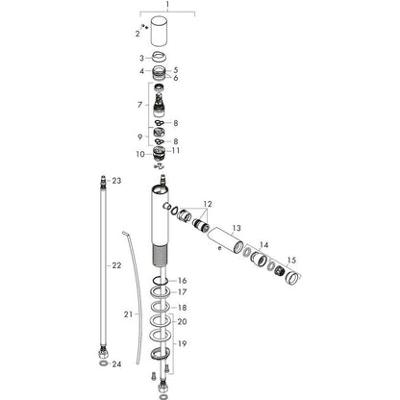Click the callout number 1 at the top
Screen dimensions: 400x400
click(167, 5)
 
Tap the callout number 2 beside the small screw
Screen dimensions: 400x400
click(137, 34)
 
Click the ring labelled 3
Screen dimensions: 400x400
click(160, 57)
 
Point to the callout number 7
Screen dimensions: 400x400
click(139, 105)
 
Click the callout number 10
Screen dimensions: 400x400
click(140, 154)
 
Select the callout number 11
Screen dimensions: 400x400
click(176, 150)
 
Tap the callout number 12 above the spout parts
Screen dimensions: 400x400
click(208, 204)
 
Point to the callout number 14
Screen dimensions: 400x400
click(263, 245)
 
